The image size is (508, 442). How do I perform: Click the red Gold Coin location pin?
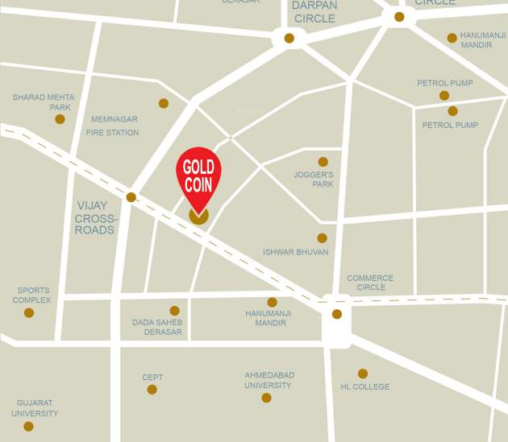pos(198,176)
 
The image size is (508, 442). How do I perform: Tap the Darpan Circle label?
pos(314,11)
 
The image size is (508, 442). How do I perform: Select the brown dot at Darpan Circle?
pos(289,38)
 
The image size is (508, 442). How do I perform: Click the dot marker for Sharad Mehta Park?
pos(60,119)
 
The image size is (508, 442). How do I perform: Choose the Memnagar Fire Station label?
pos(113,126)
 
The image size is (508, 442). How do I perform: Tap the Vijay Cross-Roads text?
pos(95,217)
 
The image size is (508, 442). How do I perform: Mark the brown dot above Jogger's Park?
pos(323,162)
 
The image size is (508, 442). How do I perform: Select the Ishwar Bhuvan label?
pos(295,252)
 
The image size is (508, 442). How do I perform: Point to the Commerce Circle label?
pos(371,283)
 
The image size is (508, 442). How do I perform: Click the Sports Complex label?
pos(31,295)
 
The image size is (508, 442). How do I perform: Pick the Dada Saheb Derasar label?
pos(157,327)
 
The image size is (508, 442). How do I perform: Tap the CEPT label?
pos(152,377)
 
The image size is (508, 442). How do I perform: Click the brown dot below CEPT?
pos(152,390)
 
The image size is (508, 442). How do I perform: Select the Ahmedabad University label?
pos(269,380)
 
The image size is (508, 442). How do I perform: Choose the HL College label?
pos(364,386)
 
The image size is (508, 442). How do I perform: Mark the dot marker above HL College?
pos(363,374)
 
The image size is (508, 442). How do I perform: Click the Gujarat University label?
pos(35,408)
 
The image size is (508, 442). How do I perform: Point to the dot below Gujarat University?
pos(29,427)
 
